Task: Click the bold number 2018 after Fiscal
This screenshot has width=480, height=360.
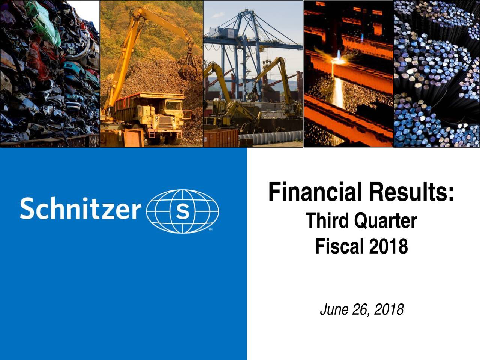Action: coord(388,246)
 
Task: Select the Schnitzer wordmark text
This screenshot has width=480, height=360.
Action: coord(81,208)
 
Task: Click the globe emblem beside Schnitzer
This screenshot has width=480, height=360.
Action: coord(182,211)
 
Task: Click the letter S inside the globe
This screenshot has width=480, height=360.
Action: coord(182,211)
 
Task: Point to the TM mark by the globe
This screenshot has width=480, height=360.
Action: coord(211,229)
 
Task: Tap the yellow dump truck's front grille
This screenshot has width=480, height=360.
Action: coord(165,123)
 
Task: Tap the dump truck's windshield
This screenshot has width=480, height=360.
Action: coord(173,105)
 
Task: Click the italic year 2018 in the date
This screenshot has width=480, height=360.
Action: coord(389,309)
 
